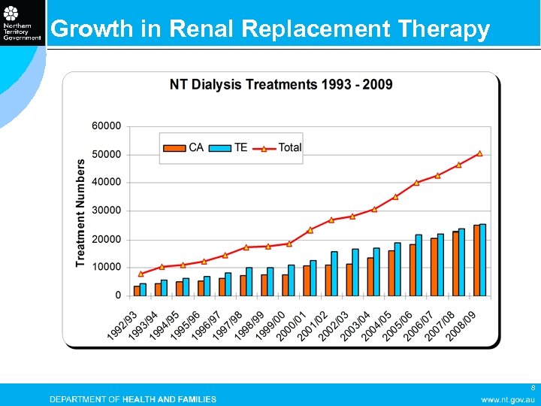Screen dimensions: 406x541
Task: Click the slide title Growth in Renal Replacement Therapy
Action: point(270,29)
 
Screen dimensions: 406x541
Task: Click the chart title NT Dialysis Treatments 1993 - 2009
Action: point(281,84)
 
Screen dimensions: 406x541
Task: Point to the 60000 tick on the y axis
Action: point(107,126)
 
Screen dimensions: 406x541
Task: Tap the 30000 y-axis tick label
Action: point(107,211)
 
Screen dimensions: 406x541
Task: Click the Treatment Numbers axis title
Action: point(80,212)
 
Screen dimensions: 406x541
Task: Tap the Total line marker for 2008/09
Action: point(479,153)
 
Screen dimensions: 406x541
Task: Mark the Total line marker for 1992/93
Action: point(141,274)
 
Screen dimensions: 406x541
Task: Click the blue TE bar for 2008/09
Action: point(483,259)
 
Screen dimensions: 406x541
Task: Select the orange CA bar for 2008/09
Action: point(476,260)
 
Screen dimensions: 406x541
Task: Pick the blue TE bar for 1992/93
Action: point(144,289)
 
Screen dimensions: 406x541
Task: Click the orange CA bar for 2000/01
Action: point(307,280)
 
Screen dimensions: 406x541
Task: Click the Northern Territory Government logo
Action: point(23,24)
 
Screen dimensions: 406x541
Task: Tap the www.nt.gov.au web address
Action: point(508,399)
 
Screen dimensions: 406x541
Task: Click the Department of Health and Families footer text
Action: point(133,399)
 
